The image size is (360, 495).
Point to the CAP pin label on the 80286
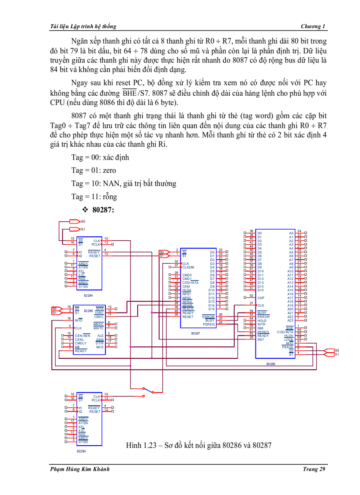pyautogui.click(x=261, y=298)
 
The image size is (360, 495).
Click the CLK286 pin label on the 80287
pyautogui.click(x=189, y=267)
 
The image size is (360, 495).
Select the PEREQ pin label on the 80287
pyautogui.click(x=209, y=324)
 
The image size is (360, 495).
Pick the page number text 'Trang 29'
pyautogui.click(x=314, y=469)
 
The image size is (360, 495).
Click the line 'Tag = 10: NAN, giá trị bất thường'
pyautogui.click(x=124, y=183)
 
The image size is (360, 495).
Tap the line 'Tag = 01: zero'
pyautogui.click(x=94, y=170)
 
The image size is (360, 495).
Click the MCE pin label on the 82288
pyautogui.click(x=100, y=347)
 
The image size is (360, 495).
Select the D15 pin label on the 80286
pyautogui.click(x=261, y=290)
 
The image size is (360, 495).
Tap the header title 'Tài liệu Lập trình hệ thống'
pyautogui.click(x=85, y=26)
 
